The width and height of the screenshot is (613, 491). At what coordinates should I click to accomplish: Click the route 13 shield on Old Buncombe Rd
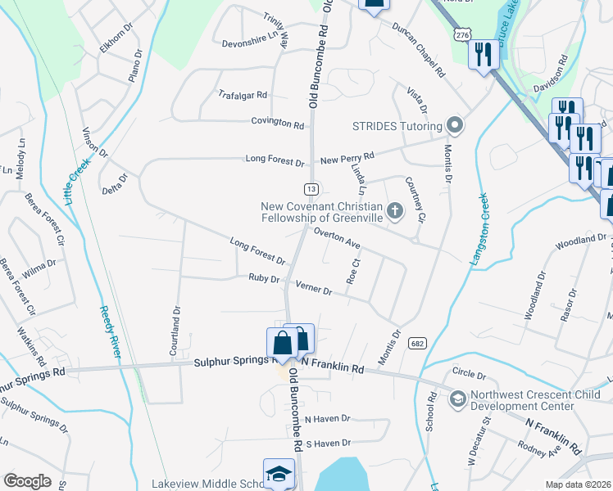[x=311, y=189]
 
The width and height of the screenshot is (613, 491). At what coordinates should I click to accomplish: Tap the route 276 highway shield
[x=464, y=35]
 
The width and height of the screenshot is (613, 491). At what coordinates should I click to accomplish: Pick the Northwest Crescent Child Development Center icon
[x=458, y=399]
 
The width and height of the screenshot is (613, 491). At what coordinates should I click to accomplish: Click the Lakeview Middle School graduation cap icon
[x=279, y=473]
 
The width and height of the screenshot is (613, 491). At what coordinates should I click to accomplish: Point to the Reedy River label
[x=110, y=332]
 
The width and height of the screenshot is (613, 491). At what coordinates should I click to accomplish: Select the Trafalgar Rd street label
[x=243, y=95]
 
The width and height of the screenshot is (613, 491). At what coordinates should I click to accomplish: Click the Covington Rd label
[x=278, y=123]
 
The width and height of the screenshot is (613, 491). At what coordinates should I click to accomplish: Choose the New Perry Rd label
[x=347, y=155]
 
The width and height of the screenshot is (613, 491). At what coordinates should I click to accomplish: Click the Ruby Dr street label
[x=264, y=278]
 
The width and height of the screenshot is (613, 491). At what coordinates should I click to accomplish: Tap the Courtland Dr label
[x=175, y=333]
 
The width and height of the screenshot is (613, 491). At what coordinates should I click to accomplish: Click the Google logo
[x=27, y=481]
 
